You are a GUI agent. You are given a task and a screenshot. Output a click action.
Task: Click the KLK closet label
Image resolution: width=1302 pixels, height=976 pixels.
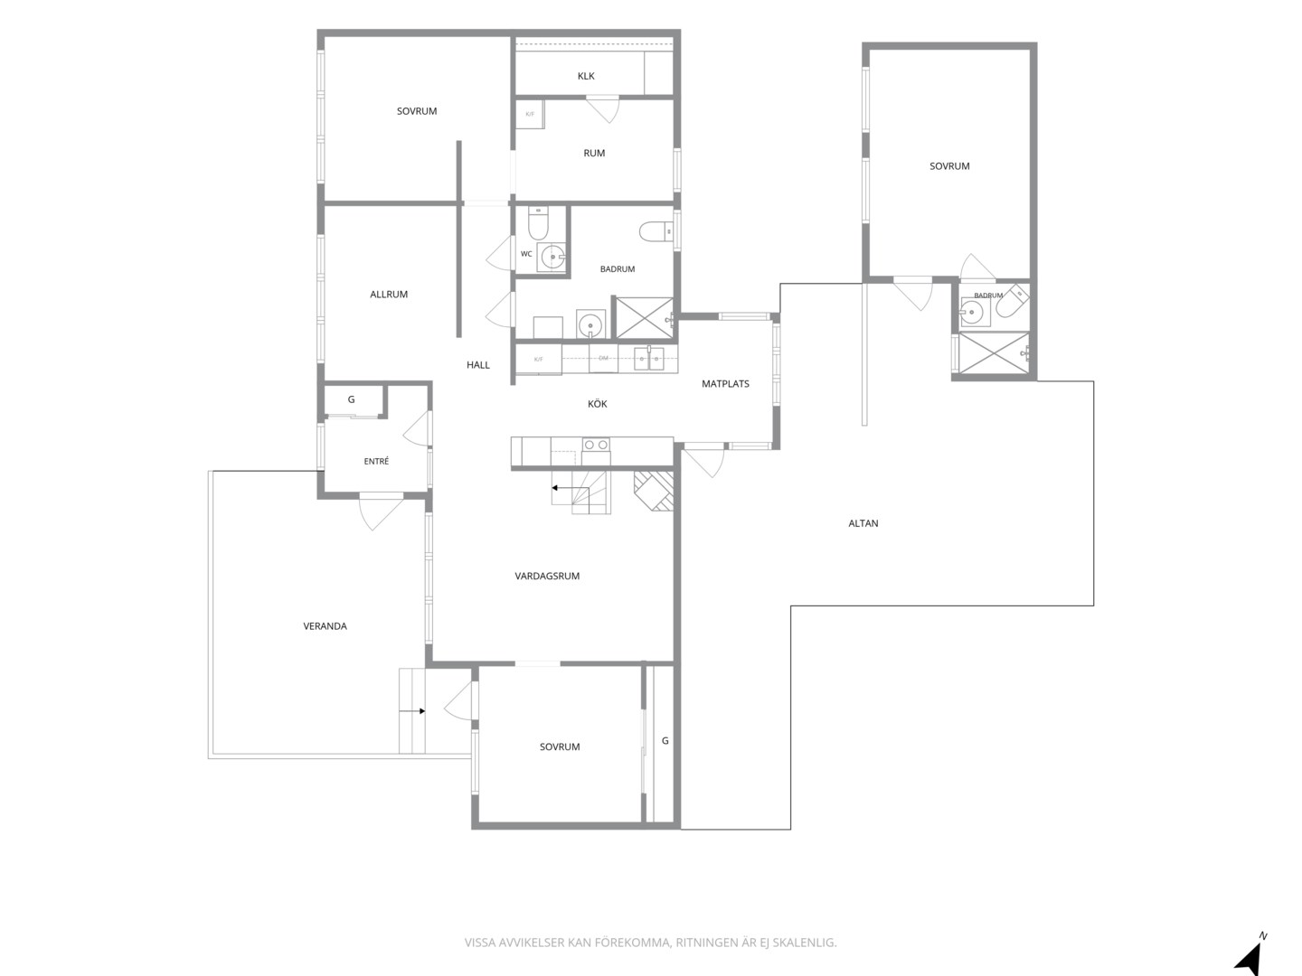click(586, 76)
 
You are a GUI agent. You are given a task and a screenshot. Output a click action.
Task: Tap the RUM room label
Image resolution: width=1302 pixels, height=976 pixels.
click(594, 153)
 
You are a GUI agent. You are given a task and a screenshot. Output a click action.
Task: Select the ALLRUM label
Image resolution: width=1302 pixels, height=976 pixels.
click(389, 294)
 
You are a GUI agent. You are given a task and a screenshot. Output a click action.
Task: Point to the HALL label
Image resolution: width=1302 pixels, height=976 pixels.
click(477, 365)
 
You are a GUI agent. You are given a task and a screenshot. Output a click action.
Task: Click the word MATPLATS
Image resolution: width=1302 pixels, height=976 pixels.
click(725, 384)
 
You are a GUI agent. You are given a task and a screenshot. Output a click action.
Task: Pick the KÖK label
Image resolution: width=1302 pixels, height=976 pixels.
click(597, 404)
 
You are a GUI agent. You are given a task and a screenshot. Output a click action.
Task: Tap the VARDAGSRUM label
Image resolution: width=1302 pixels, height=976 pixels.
click(547, 576)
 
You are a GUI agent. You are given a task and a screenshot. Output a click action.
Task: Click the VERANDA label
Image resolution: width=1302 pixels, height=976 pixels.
click(325, 625)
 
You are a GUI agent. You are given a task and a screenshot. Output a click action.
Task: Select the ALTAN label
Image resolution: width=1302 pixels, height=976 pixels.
click(863, 523)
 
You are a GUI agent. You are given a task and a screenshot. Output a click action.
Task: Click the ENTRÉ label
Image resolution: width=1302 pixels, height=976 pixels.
click(376, 461)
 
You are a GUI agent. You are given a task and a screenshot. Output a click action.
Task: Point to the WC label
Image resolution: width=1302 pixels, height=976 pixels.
click(526, 254)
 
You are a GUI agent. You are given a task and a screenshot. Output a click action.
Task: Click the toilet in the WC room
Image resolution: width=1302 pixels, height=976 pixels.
click(538, 223)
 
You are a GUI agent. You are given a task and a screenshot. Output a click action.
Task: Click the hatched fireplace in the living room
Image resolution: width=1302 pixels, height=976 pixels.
click(654, 490)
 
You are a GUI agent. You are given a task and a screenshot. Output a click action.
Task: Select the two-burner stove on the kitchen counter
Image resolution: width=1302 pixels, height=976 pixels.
click(596, 445)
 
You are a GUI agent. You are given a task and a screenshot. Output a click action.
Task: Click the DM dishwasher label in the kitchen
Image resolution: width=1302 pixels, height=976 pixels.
click(603, 358)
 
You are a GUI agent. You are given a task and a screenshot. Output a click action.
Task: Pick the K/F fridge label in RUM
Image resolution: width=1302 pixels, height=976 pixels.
click(530, 114)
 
